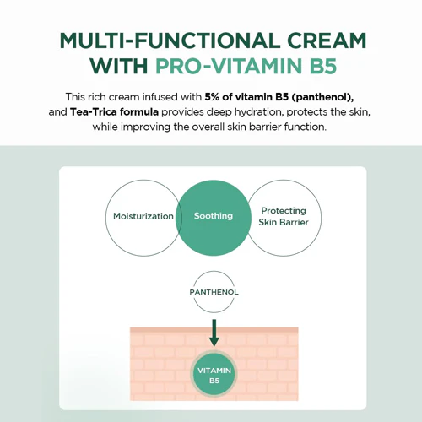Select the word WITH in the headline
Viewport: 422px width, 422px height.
(119, 66)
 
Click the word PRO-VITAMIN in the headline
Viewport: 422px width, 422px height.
(229, 66)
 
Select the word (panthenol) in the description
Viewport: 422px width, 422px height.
(322, 97)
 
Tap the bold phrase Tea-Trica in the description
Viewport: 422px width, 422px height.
(94, 112)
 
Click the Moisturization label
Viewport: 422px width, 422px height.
(143, 216)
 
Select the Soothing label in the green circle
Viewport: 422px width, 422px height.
(214, 216)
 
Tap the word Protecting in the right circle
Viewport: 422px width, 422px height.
(284, 211)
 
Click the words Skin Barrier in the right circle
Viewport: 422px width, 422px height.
(284, 222)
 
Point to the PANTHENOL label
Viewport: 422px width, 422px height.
(214, 292)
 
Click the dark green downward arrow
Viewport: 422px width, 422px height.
(214, 333)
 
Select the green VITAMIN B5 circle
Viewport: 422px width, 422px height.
(214, 375)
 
